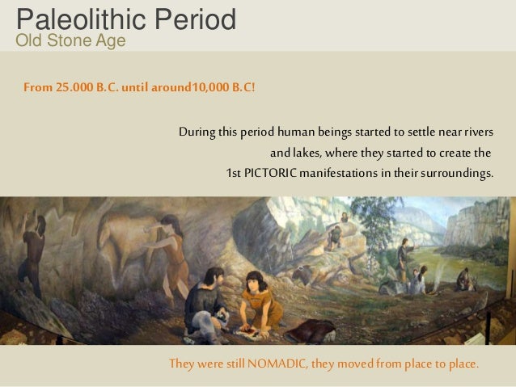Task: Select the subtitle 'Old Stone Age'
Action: (x=71, y=41)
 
